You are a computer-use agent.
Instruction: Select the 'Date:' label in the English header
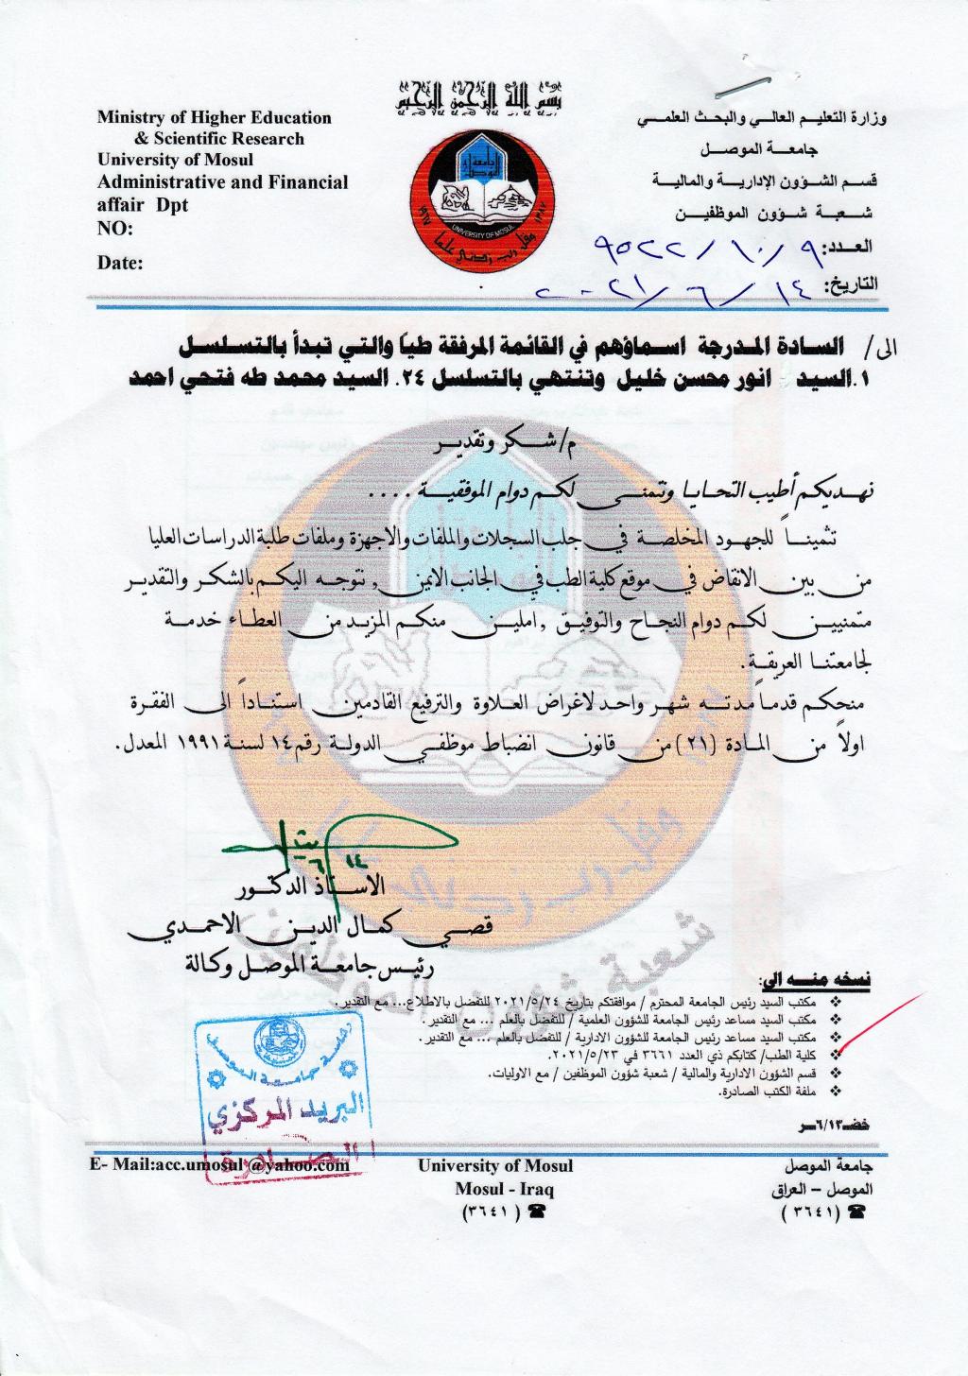120,263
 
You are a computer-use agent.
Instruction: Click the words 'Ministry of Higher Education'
215,118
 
